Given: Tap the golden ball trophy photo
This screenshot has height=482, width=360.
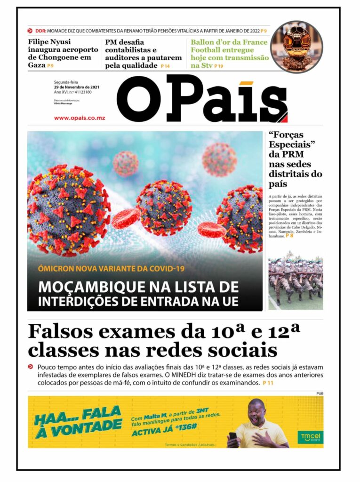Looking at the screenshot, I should coord(296,47).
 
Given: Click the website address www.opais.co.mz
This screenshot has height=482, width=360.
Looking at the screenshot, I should coord(80,118).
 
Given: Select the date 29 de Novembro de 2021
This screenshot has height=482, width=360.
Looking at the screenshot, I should coord(76,87).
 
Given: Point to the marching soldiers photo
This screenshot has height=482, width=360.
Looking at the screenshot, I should coord(296,283).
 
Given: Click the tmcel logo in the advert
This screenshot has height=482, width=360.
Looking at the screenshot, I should coord(310,437).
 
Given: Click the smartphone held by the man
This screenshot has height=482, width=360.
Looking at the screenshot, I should coord(232,437).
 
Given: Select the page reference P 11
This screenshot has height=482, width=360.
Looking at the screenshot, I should coord(268,384).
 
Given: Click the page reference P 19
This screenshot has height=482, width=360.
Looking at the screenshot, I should coord(218,66).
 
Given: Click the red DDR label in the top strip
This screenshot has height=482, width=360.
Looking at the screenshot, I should coord(40,31).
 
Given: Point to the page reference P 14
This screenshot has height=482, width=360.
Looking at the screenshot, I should coord(165,66).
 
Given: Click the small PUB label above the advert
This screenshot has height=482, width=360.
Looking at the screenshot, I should coord(320,393).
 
